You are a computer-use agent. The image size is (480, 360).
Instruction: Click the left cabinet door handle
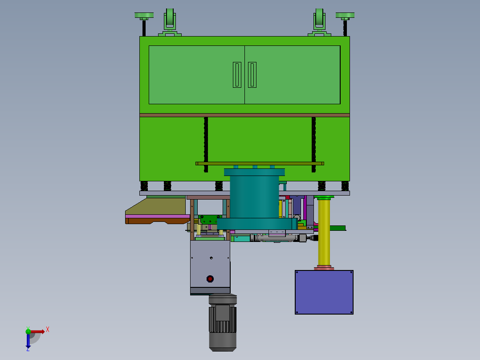237,75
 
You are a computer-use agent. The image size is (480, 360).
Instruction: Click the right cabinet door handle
252,75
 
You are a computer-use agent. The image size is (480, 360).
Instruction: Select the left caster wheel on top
169,20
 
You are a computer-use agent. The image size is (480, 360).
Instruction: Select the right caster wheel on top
319,20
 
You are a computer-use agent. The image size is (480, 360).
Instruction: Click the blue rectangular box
324,292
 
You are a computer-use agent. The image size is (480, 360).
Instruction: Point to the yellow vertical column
324,232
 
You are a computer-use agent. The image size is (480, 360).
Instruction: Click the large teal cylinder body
254,196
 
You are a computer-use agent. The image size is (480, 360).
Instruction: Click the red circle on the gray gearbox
210,279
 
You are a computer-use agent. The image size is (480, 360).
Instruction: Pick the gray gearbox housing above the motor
210,265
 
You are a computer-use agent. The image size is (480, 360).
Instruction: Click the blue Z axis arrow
28,342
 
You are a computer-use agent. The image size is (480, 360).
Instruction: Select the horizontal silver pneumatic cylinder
278,239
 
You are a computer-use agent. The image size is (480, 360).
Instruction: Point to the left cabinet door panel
196,75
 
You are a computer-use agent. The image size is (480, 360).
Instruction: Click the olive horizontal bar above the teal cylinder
260,164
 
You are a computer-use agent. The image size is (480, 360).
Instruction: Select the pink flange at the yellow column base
324,268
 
